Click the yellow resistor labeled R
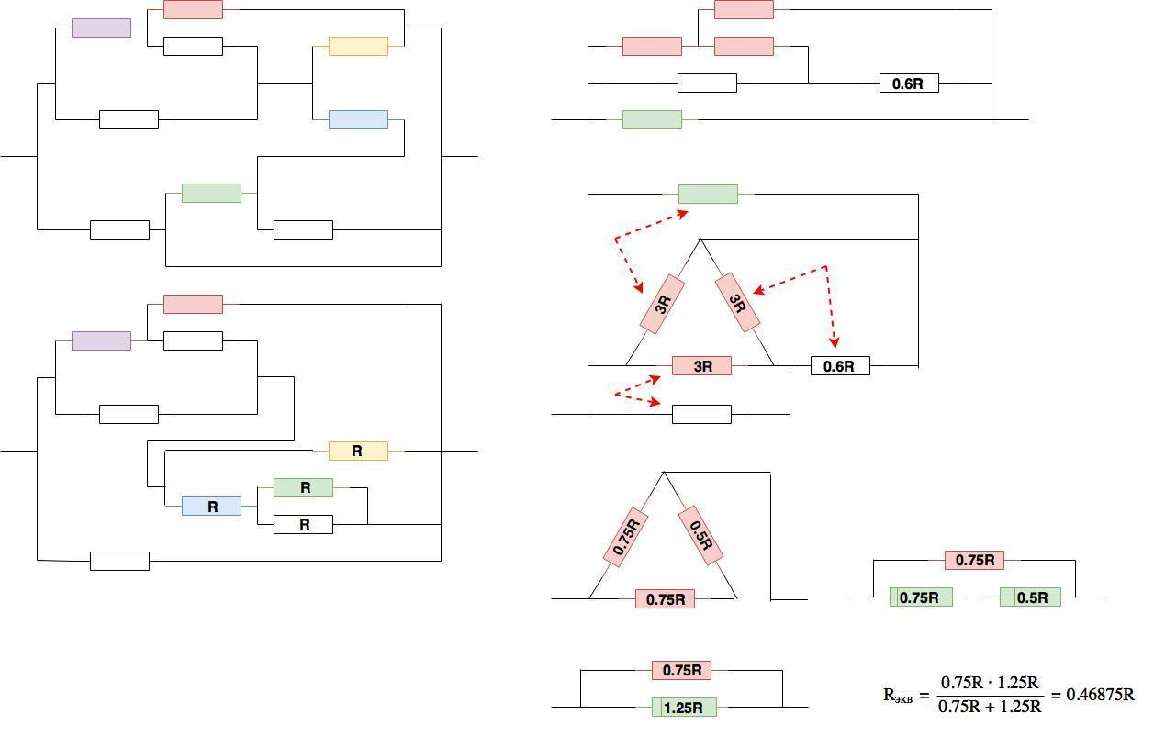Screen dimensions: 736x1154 pos(358,451)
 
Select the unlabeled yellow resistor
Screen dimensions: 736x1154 pos(358,46)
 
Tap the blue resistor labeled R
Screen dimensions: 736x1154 pos(211,506)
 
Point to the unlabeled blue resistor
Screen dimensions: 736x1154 pos(358,119)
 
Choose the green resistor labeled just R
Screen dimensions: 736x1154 pos(304,487)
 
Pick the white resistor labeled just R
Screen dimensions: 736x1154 pos(304,524)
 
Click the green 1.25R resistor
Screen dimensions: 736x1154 pos(684,707)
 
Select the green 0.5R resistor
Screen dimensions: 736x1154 pos(1030,597)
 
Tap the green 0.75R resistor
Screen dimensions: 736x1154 pos(921,597)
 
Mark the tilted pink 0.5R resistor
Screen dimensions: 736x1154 pos(700,536)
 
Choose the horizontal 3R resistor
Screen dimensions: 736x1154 pos(702,366)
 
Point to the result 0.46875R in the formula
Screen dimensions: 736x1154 pos(1100,694)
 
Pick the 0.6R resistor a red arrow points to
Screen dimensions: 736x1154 pos(839,366)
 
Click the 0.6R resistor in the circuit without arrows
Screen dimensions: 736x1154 pos(909,84)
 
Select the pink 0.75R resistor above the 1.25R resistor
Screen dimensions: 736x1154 pos(682,671)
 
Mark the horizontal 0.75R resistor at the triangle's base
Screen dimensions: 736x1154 pos(666,599)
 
